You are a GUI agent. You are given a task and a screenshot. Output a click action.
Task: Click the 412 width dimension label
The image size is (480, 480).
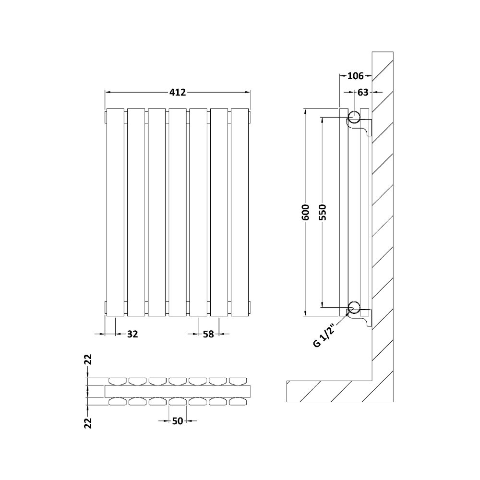(x=178, y=92)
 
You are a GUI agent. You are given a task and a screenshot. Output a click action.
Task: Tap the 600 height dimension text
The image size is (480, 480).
(x=306, y=212)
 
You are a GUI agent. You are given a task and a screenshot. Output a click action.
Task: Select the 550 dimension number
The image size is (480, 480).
(x=323, y=212)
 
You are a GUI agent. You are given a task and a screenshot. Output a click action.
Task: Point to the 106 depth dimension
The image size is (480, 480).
(x=355, y=76)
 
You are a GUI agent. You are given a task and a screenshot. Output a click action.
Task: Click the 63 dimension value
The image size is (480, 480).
(x=363, y=92)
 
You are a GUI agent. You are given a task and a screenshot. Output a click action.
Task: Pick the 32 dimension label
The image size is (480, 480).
(x=132, y=334)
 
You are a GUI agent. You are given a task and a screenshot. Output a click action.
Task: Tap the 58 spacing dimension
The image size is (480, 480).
(x=208, y=334)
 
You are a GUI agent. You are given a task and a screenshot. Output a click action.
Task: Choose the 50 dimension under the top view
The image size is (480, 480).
(x=177, y=421)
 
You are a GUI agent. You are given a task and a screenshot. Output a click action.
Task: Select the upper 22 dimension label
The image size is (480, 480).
(x=88, y=360)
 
